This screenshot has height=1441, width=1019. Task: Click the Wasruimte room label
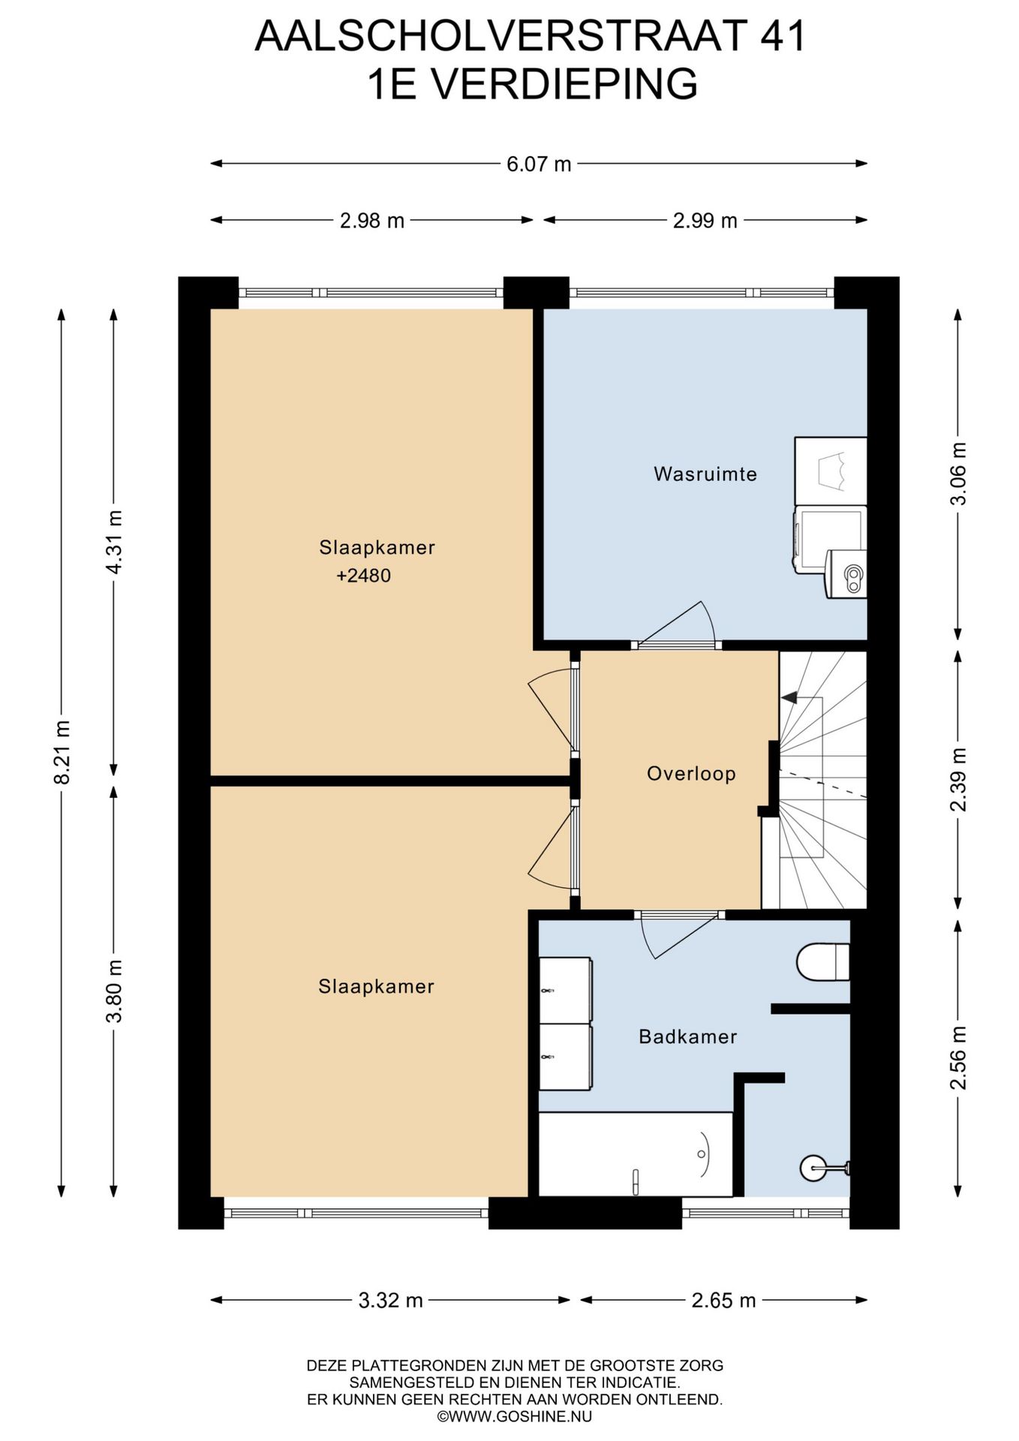tap(705, 474)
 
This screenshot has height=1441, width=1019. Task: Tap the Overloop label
tap(691, 774)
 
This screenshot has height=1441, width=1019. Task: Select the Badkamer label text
tap(687, 1037)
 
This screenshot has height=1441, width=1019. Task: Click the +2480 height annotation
tap(364, 576)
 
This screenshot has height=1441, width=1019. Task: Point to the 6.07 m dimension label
tap(538, 164)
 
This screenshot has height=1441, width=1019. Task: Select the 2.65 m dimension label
tap(723, 1301)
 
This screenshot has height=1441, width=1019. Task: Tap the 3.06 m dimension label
tap(958, 474)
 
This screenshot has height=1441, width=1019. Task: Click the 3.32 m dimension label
tap(390, 1301)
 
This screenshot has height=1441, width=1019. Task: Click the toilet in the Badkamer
tap(822, 962)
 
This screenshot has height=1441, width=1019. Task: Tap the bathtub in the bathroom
tap(635, 1154)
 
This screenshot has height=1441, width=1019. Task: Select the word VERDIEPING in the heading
tap(566, 84)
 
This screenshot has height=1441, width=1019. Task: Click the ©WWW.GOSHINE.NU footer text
tap(514, 1417)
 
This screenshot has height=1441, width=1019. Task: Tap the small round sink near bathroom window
tap(814, 1167)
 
